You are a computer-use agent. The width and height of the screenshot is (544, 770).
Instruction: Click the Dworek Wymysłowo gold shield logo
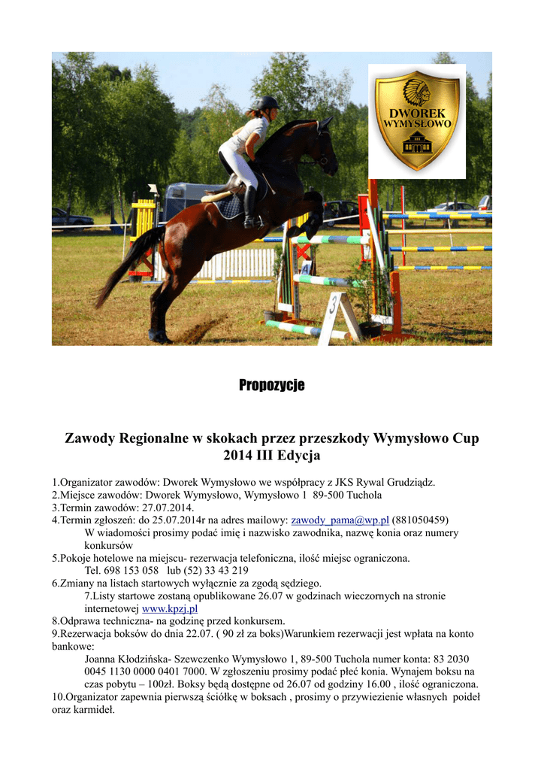[x=417, y=120]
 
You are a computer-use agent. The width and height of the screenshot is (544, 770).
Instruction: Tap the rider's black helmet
[x=268, y=103]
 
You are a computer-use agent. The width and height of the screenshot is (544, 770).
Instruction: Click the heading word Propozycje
[x=272, y=386]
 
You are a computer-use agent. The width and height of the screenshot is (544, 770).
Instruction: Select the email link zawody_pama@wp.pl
[x=340, y=520]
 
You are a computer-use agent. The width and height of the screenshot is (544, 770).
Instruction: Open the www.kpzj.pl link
[x=170, y=608]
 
